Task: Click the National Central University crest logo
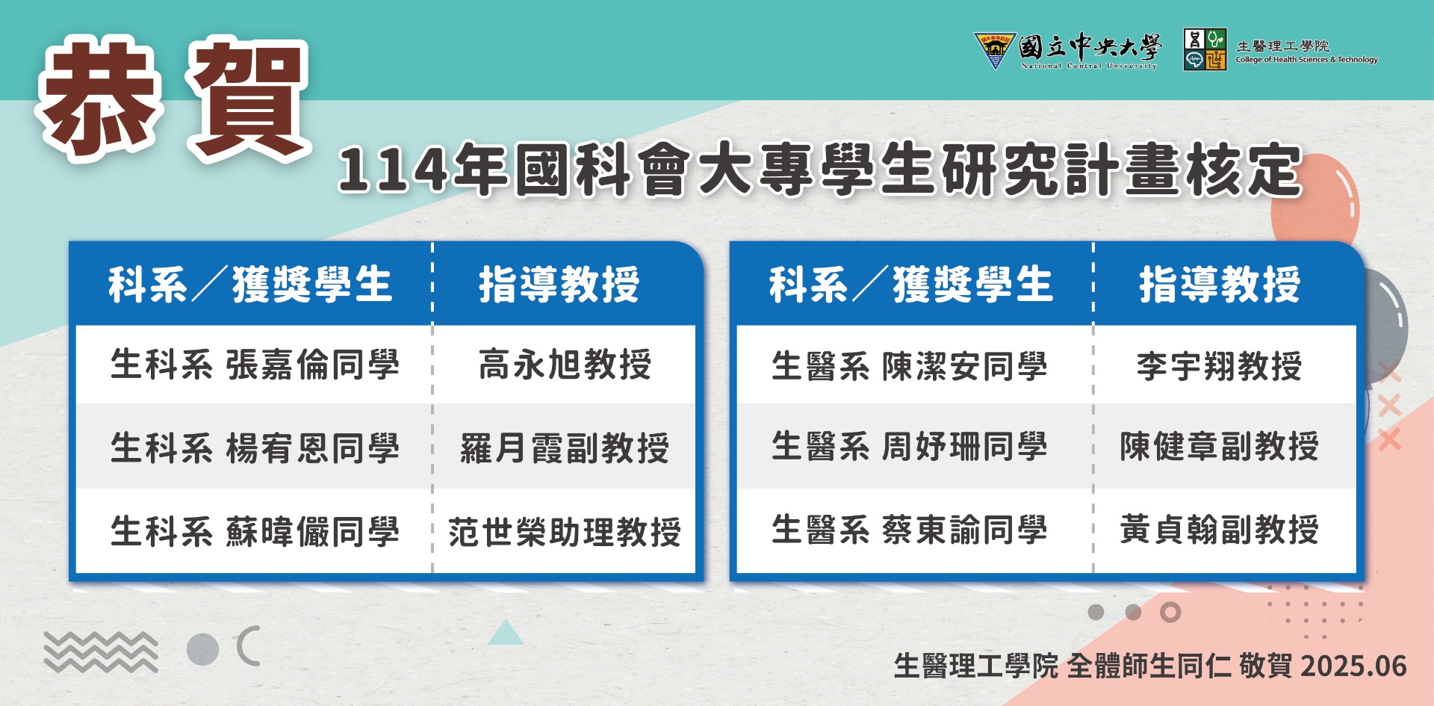[x=995, y=50]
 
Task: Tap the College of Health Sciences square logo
[x=1205, y=49]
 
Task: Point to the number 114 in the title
[x=393, y=170]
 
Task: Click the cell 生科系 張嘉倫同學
[x=255, y=365]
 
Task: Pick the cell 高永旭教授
[x=565, y=365]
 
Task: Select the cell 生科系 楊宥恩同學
[x=255, y=448]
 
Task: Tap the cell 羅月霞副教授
[x=565, y=448]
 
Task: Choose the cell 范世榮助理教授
[x=565, y=532]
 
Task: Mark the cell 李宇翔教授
[x=1219, y=366]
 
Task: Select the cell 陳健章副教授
[x=1219, y=446]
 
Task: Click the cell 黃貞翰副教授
[x=1219, y=529]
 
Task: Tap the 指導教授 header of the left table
[x=559, y=285]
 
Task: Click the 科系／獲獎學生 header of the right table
[x=911, y=285]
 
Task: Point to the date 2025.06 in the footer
[x=1353, y=666]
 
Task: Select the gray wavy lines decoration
[x=100, y=651]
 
